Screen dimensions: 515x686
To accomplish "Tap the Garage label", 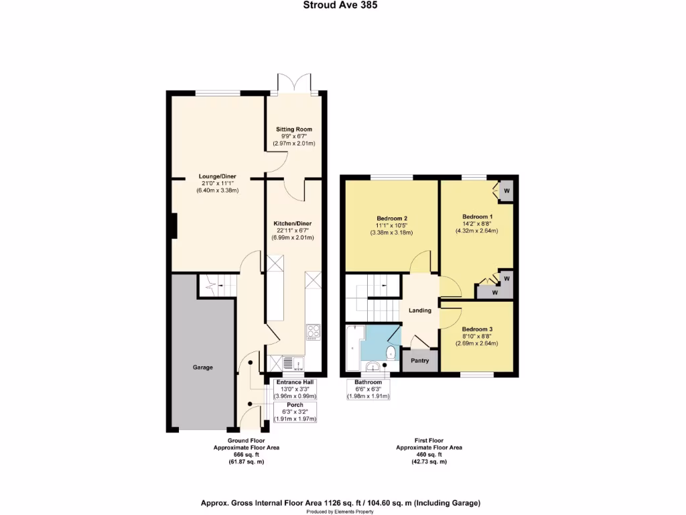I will tap(203, 367).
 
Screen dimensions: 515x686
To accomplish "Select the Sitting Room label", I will tap(294, 129).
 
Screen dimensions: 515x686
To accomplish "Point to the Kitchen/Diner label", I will tap(293, 223).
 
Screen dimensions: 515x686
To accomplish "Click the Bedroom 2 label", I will tap(391, 219).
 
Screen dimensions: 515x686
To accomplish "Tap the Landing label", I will tap(420, 310).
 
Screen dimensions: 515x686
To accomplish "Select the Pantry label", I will tap(419, 361).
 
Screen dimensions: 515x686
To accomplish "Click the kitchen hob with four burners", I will tap(313, 331).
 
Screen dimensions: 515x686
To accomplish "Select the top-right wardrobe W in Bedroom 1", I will tap(506, 189).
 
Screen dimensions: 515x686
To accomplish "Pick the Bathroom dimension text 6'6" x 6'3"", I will tap(368, 389).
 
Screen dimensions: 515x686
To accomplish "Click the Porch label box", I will tap(295, 405).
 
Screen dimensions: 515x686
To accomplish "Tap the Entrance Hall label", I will tap(295, 382).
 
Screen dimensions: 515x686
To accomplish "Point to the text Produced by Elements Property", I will tap(341, 511).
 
